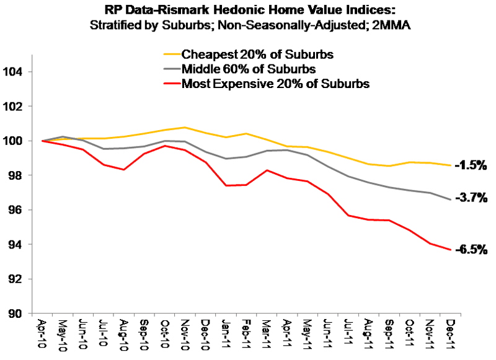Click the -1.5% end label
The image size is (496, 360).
[x=469, y=165]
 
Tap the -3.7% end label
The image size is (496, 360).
[x=470, y=198]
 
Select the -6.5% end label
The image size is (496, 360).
[x=471, y=250]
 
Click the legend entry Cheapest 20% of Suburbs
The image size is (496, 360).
[x=257, y=55]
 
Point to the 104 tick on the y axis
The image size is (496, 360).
[x=15, y=72]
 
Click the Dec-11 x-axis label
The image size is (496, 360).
[x=448, y=335]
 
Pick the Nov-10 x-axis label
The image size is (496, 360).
[x=184, y=335]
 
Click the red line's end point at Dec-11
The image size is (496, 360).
[x=448, y=250]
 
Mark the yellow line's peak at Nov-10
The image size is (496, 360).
[x=184, y=127]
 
